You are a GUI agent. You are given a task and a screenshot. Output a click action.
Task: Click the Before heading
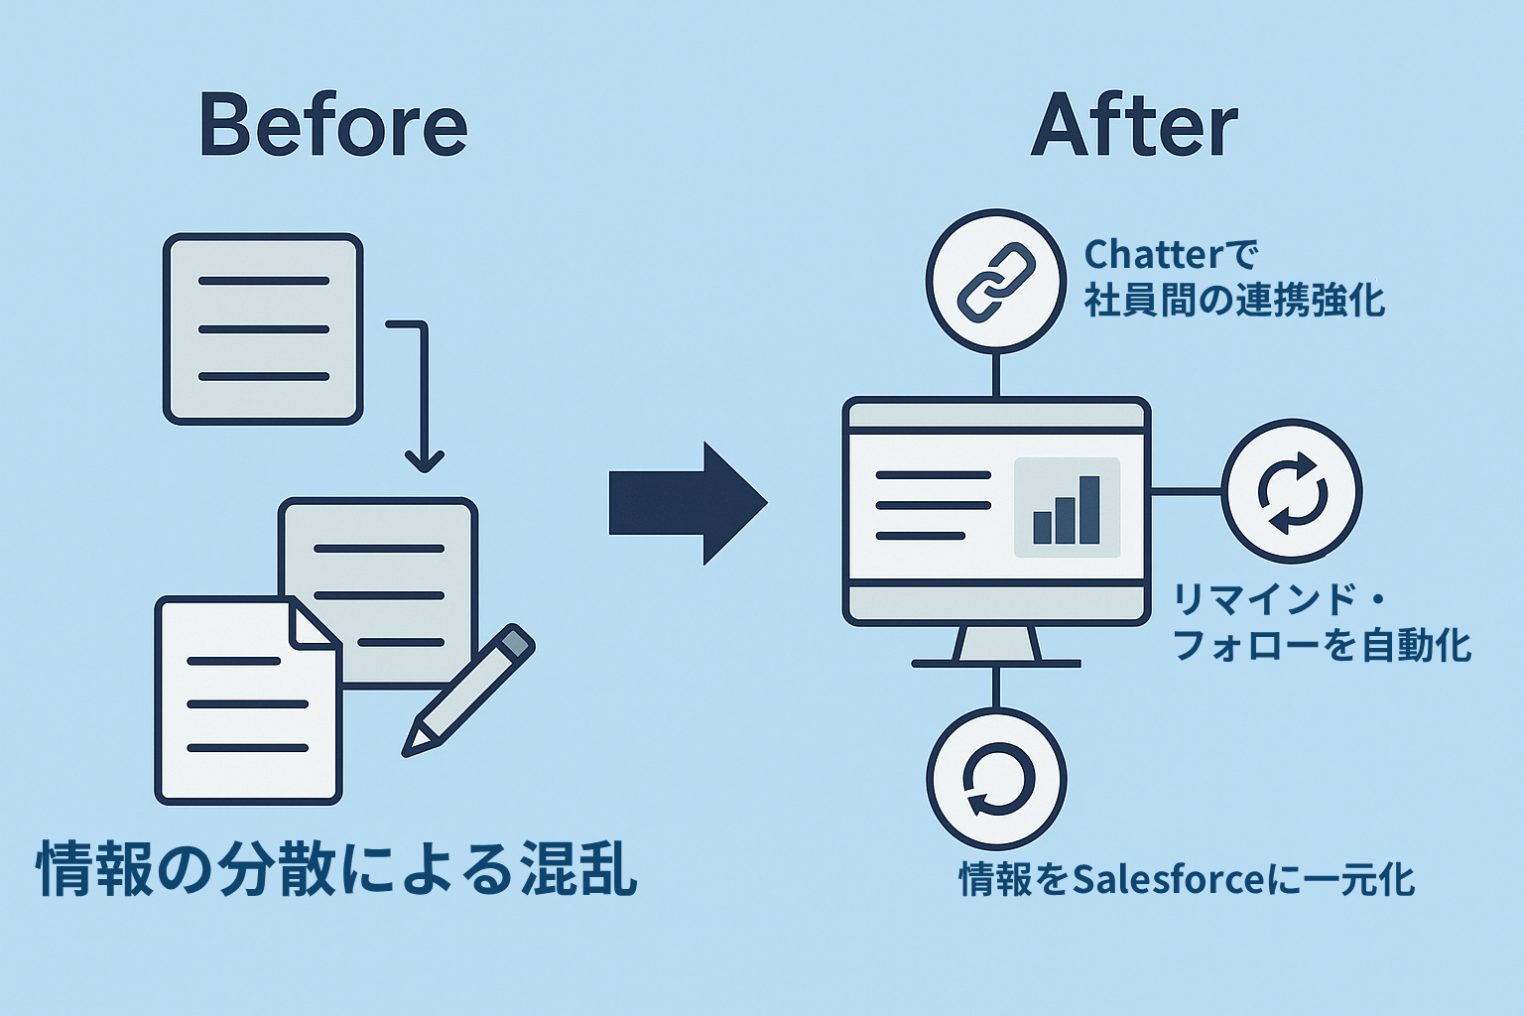coord(333,125)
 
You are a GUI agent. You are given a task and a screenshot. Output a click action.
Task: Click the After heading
coord(1134,125)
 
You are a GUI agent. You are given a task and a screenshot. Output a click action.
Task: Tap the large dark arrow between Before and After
coord(688,503)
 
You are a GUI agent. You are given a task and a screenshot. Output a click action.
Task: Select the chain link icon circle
coord(995,280)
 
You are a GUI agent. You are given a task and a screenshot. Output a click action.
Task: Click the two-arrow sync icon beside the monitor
coord(1291,491)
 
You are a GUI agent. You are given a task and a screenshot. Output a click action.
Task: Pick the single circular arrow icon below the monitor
coord(996,777)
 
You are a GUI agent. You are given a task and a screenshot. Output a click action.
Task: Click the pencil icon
coord(469,689)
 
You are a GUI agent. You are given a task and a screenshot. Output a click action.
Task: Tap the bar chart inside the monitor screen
coord(1067,507)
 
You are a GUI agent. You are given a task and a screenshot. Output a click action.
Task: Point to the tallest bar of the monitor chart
coord(1089,509)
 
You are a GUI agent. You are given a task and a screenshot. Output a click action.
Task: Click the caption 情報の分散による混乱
coord(336,869)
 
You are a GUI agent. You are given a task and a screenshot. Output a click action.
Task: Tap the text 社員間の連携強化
coord(1234,300)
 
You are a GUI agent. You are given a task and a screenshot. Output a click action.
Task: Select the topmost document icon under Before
coord(263,329)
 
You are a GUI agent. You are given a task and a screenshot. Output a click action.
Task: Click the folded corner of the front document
coord(315,625)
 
